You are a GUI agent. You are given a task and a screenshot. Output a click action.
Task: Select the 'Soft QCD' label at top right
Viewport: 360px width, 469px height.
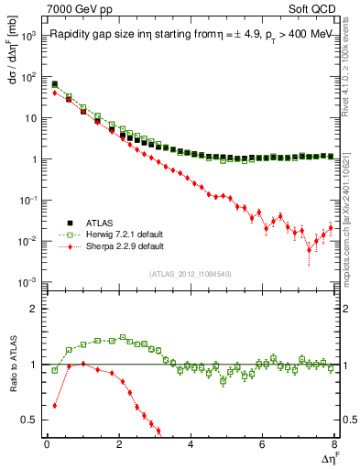tap(311, 9)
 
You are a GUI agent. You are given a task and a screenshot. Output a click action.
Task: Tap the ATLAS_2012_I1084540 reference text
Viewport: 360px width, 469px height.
tap(191, 274)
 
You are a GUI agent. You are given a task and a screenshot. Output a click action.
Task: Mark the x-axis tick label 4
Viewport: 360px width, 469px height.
tap(191, 445)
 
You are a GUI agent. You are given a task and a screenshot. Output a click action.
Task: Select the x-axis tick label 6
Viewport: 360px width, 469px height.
tap(262, 445)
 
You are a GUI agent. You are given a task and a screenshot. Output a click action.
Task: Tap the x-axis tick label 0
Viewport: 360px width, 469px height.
tap(47, 445)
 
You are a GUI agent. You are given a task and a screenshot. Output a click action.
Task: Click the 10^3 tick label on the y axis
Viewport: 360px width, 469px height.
tap(29, 36)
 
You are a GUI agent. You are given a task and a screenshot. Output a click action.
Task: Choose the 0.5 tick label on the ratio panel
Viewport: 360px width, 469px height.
tap(30, 420)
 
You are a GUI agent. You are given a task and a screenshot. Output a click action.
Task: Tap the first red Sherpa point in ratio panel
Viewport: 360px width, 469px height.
tap(54, 405)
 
